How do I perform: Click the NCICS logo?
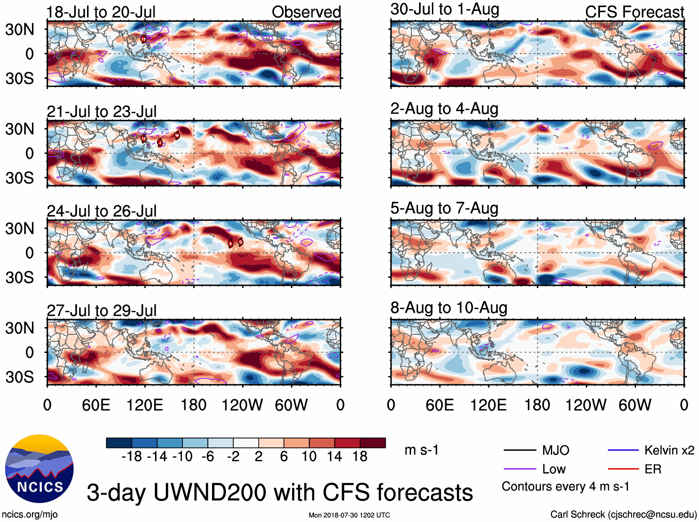(x=39, y=469)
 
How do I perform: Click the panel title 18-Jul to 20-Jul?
(x=101, y=12)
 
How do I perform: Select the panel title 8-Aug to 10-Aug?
(x=449, y=308)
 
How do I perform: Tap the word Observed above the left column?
(x=306, y=12)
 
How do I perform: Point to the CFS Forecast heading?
(x=634, y=12)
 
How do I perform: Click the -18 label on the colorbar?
(x=132, y=457)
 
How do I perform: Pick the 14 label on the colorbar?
(x=334, y=457)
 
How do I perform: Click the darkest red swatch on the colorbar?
(x=373, y=443)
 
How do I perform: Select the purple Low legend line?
(x=519, y=469)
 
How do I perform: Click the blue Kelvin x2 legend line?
(x=623, y=450)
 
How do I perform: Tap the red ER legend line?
(x=623, y=469)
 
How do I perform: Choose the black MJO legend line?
(x=519, y=450)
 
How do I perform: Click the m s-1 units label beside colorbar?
(x=421, y=450)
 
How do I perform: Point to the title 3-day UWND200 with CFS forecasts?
(x=280, y=492)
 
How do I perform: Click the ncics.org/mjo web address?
(x=30, y=514)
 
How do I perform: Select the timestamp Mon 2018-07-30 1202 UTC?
(x=349, y=515)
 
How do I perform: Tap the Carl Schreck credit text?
(x=623, y=514)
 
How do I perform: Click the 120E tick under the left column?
(x=144, y=405)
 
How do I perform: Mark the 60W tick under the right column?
(x=635, y=405)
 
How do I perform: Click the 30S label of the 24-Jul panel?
(x=19, y=278)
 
